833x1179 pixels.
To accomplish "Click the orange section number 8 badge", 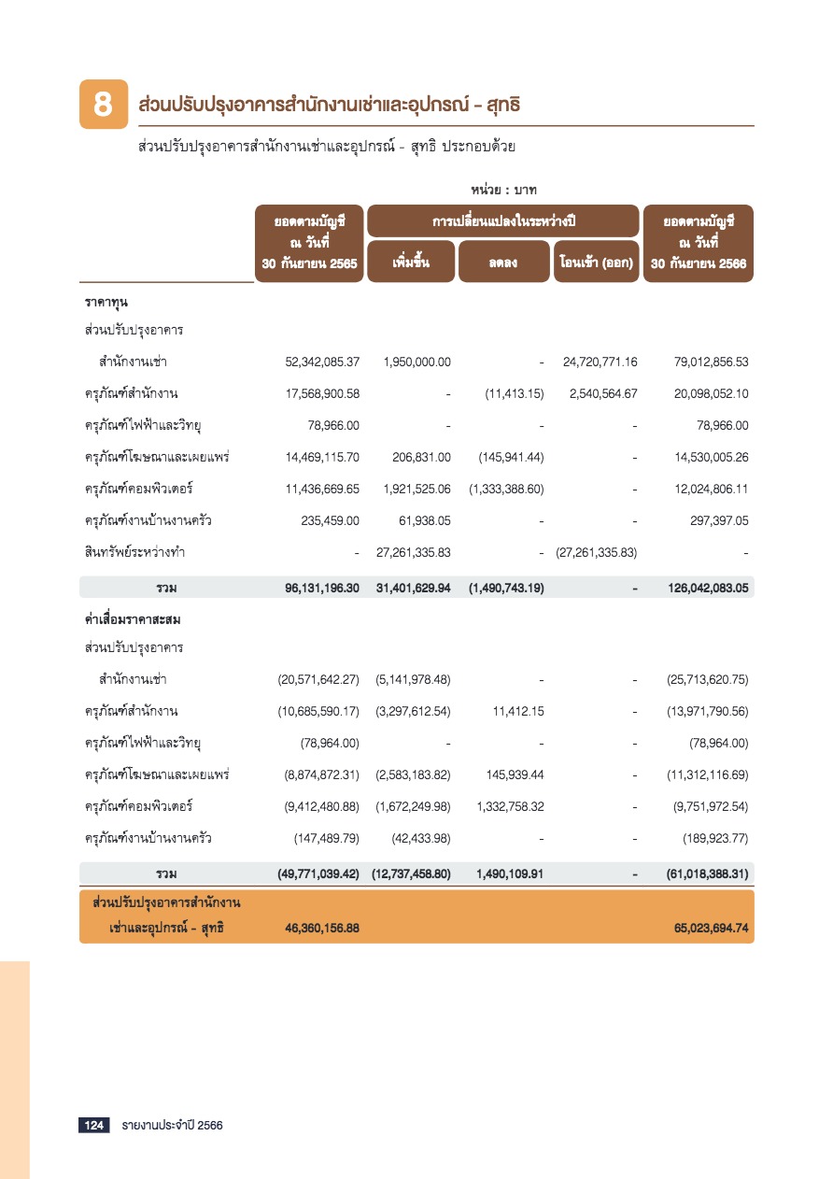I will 102,105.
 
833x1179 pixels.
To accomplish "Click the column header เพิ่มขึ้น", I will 411,262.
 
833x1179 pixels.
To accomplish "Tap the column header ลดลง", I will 502,263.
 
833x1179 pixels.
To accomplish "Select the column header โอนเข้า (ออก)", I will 595,263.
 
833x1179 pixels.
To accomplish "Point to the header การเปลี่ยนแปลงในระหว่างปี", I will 502,221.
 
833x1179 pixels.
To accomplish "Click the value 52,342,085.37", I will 322,362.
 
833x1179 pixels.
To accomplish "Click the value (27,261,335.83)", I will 596,553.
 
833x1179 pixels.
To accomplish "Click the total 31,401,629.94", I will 413,589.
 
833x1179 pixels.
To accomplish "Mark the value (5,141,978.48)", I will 413,680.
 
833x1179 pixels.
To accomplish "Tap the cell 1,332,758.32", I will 510,807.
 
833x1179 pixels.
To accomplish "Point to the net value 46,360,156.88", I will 322,930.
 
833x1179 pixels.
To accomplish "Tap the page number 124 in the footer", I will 94,1126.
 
